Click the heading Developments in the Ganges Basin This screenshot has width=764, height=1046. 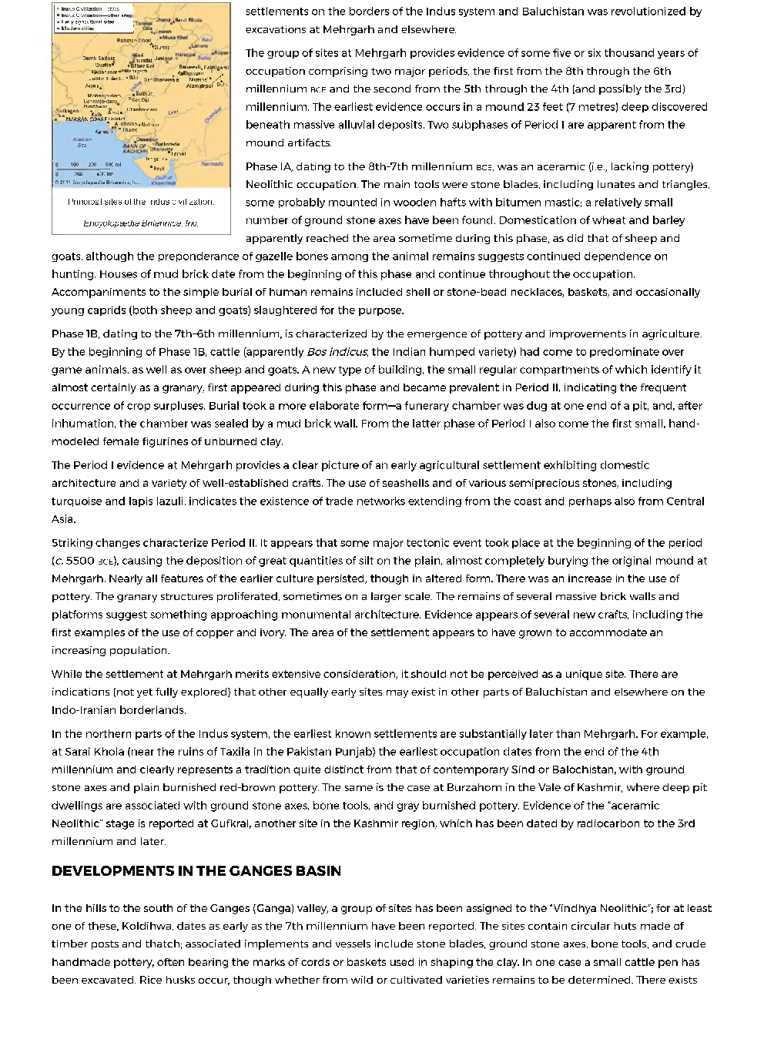[196, 871]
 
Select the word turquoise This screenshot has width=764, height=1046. [75, 501]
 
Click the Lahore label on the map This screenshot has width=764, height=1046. [198, 46]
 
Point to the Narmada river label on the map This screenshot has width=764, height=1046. [211, 164]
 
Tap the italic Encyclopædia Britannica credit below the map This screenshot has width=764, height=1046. [141, 223]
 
